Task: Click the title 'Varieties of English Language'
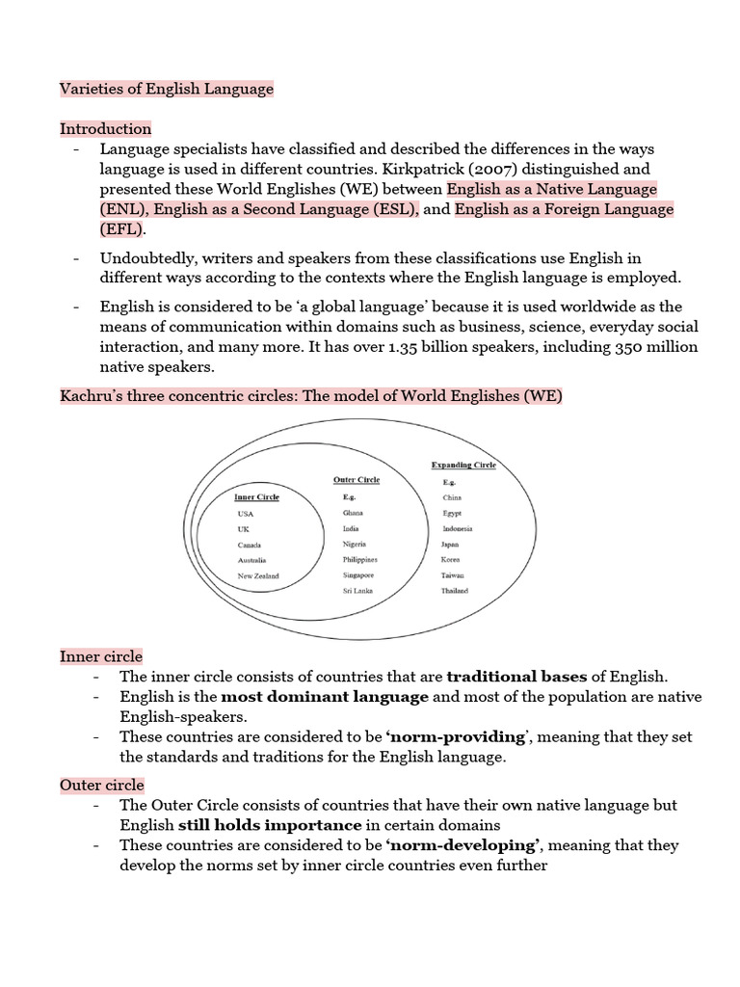(167, 89)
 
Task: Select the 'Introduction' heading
(106, 129)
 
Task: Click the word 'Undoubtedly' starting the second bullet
(145, 258)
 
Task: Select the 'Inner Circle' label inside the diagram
(257, 497)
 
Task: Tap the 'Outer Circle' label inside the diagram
(357, 480)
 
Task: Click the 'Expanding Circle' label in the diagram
(463, 466)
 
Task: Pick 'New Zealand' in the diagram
(258, 576)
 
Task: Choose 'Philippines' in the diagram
(359, 560)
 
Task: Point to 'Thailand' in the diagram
(455, 591)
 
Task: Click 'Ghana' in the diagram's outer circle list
(353, 514)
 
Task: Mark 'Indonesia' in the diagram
(458, 529)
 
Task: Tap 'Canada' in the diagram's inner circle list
(249, 545)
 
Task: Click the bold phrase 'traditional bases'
(516, 678)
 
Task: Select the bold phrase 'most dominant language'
(325, 697)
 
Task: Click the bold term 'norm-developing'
(461, 845)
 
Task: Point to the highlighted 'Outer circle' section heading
(102, 786)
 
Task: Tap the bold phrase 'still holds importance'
(269, 825)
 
